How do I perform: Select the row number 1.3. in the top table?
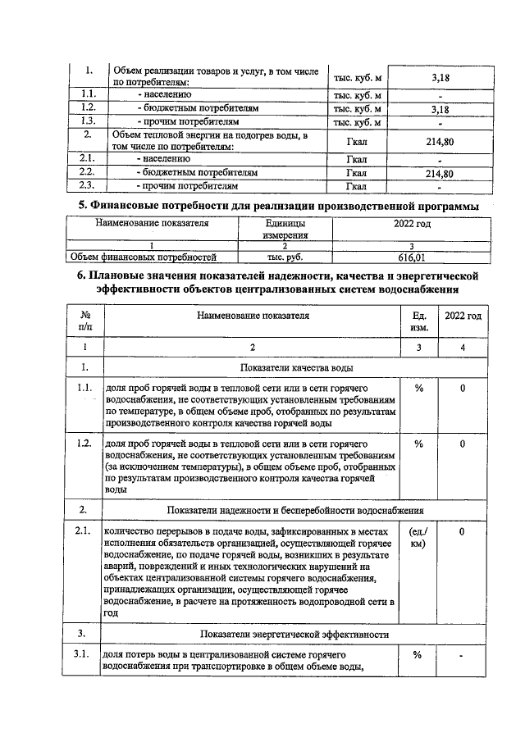coord(89,121)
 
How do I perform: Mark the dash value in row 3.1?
coord(463,656)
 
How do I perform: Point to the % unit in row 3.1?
coord(418,656)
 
